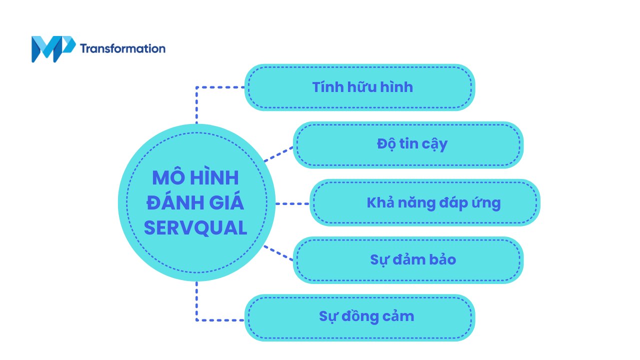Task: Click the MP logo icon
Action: [52, 49]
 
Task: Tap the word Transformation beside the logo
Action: [122, 48]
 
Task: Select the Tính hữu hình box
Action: [359, 87]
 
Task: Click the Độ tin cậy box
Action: [408, 144]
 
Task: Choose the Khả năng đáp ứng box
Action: [425, 202]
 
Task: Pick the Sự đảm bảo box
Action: [408, 260]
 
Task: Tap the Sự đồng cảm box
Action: [359, 317]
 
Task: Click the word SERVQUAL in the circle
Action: [195, 228]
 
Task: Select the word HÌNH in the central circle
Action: [214, 178]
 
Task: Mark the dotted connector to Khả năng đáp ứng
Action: [292, 203]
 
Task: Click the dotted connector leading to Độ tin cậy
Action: [278, 154]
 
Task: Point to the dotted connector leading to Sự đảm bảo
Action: [278, 252]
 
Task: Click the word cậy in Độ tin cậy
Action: [433, 144]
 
